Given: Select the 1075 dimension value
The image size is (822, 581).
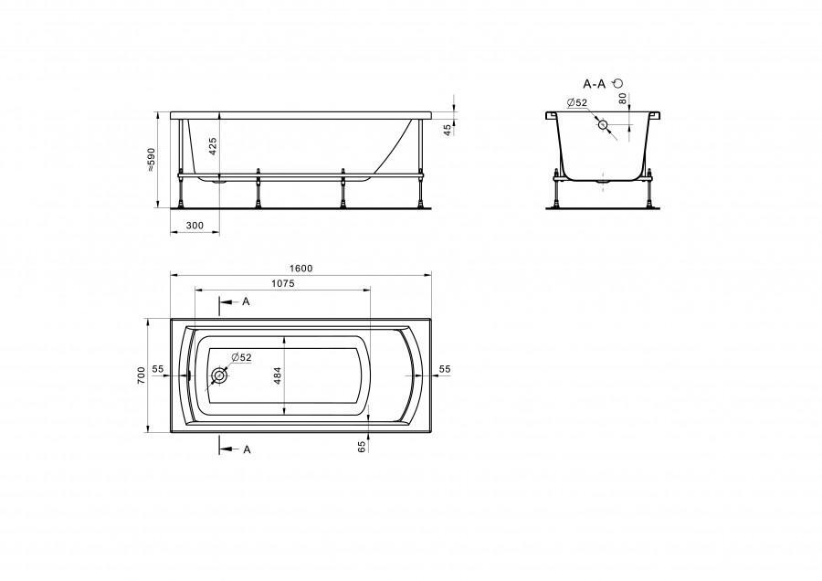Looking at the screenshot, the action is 282,283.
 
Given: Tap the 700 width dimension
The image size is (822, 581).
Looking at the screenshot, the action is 141,375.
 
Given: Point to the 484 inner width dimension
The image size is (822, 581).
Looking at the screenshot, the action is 278,375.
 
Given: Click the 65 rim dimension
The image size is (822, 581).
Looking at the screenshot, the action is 361,447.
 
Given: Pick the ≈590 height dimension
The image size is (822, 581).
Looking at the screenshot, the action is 152,159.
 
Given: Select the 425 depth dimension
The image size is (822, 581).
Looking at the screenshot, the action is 212,147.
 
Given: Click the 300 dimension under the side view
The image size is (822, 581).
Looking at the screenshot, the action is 195,226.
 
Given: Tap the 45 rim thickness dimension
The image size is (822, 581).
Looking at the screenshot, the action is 448,130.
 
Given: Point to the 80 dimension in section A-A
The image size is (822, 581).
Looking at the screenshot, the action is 622,98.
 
